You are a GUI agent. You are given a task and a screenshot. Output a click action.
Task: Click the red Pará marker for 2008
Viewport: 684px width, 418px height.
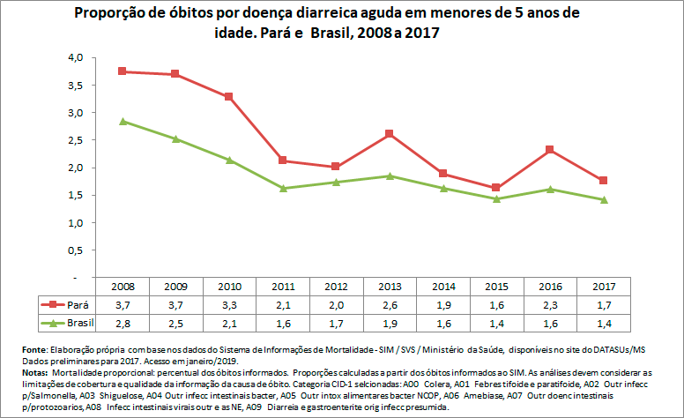[123, 71]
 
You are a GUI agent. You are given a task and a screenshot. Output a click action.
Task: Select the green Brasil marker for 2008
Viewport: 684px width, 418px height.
[123, 121]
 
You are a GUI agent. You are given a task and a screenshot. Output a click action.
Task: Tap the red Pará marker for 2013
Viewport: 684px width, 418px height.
[390, 133]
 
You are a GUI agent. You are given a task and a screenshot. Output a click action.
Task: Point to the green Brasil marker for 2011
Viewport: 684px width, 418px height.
[283, 188]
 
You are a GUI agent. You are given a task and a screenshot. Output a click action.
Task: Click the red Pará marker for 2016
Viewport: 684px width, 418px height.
[551, 150]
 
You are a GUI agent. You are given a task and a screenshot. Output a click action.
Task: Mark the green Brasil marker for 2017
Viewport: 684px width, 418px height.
[604, 199]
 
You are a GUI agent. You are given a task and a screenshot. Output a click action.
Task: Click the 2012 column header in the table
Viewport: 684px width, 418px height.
[337, 287]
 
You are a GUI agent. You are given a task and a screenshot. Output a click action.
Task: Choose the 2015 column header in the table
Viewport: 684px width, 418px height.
[497, 287]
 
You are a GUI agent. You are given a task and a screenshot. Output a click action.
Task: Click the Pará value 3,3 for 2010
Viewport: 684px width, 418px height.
[229, 304]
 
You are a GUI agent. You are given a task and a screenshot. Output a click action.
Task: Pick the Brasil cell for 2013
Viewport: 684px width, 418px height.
[390, 323]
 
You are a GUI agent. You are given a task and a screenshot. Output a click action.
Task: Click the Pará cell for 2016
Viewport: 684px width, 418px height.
[551, 304]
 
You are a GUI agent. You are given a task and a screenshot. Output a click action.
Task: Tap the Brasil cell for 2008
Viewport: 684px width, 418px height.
[123, 323]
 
